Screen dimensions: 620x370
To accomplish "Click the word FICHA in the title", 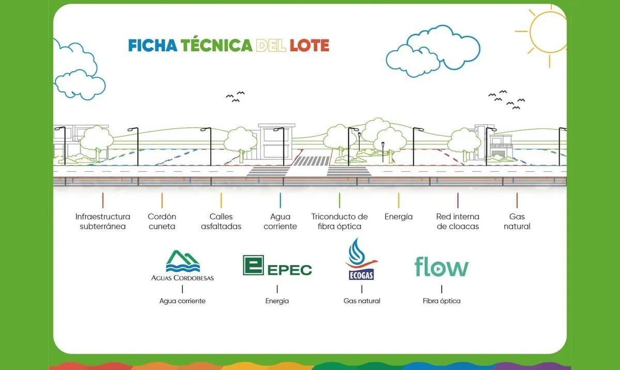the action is pos(153,46).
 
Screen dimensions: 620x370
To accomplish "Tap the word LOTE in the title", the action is pos(309,46).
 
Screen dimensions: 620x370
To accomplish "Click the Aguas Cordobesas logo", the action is pos(182,265).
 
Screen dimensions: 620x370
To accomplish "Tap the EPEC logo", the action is pos(277,265).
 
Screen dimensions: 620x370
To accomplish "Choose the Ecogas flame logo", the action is pos(362,259).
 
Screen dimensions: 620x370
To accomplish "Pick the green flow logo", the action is pos(441,267).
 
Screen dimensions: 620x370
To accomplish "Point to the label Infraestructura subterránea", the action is pos(103,221).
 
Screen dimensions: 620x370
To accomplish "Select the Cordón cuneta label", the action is pos(162,221).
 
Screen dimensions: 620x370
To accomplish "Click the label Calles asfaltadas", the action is pos(221,221).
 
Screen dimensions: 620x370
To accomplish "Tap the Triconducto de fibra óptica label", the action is pos(339,221).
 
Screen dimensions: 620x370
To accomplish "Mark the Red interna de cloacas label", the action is pos(458,221).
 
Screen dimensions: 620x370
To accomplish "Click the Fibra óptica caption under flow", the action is pos(441,301).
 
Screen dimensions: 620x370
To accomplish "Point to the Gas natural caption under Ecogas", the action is pos(362,301).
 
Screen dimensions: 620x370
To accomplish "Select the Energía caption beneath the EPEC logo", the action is pos(277,301).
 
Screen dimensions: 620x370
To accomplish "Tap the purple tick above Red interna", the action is pos(458,200).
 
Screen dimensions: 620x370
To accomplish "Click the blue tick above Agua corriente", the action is pos(281,200).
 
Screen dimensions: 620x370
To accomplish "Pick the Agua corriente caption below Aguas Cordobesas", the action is pos(182,301).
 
